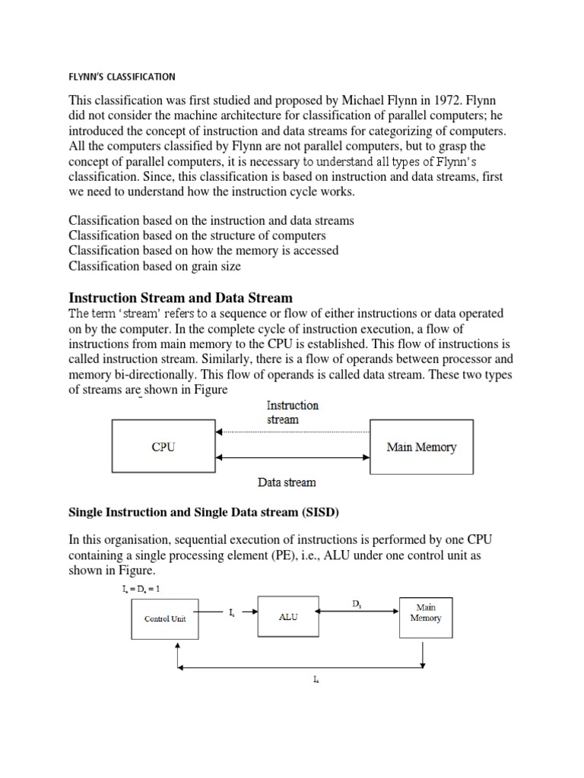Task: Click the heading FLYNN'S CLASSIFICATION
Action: pyautogui.click(x=122, y=77)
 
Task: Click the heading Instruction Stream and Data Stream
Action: pyautogui.click(x=181, y=297)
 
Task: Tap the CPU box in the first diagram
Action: pyautogui.click(x=163, y=447)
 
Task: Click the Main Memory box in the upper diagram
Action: pyautogui.click(x=421, y=447)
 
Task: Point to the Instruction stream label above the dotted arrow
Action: pyautogui.click(x=293, y=413)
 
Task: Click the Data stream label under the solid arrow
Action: pyautogui.click(x=287, y=482)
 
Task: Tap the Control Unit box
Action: pyautogui.click(x=165, y=618)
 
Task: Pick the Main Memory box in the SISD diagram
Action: pyautogui.click(x=425, y=612)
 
